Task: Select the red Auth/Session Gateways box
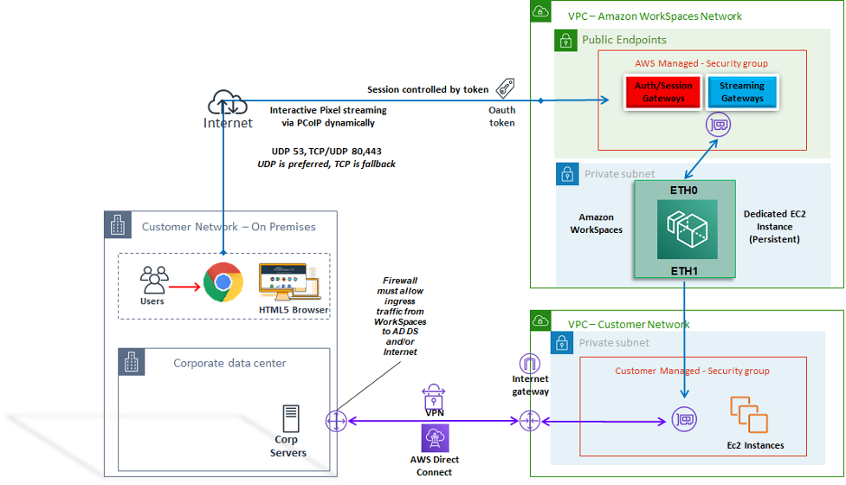click(663, 92)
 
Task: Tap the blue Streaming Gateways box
click(742, 92)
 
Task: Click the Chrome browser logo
click(223, 282)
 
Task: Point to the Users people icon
click(154, 279)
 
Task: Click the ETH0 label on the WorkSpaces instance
click(684, 190)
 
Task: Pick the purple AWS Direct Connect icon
click(434, 438)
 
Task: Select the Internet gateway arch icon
click(528, 365)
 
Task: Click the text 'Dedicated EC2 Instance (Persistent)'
click(774, 226)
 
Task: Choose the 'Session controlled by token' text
click(428, 89)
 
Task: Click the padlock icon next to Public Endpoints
click(565, 40)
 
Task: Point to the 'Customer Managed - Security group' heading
click(692, 371)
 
